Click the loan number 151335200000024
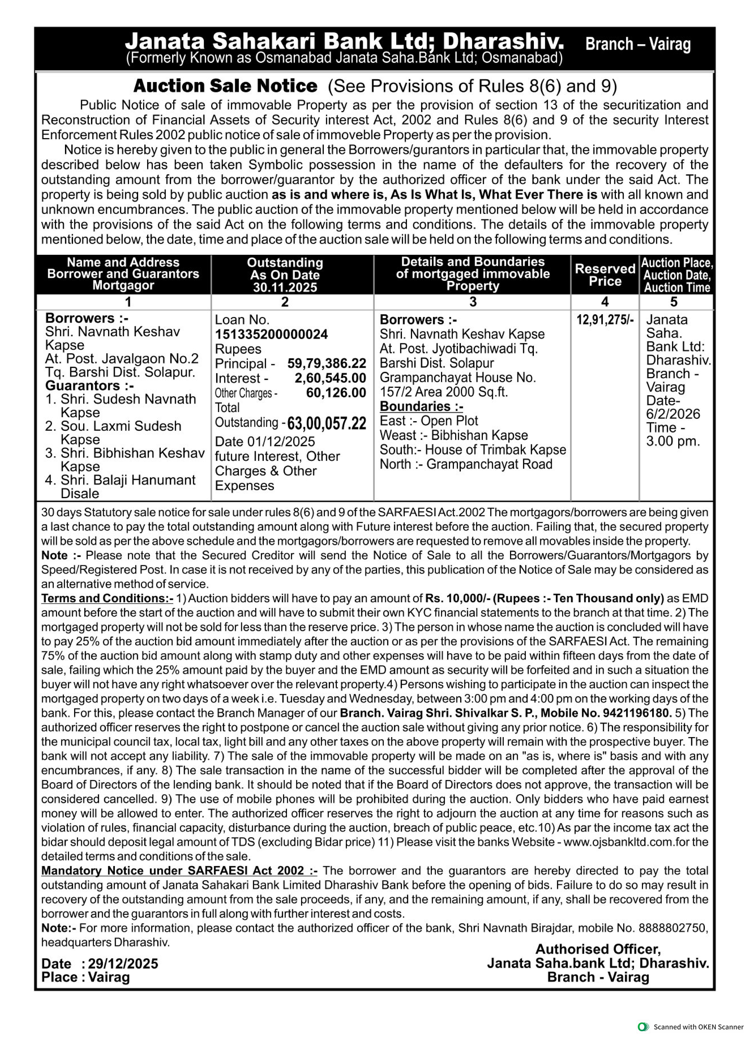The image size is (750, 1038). (271, 335)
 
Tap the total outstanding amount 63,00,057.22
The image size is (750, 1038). (327, 423)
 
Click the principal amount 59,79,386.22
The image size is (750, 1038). (327, 364)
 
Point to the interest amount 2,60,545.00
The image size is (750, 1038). (330, 379)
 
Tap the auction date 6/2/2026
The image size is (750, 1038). (673, 414)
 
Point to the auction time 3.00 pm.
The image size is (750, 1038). (673, 442)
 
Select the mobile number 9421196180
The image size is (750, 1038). (638, 713)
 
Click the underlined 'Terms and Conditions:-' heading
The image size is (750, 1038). (107, 599)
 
